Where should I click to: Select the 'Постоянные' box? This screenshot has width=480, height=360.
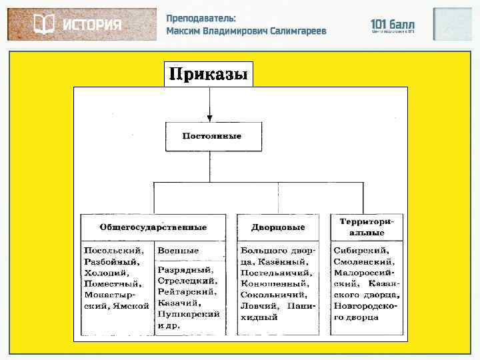tap(211, 136)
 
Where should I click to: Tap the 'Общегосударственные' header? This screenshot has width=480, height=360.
tap(153, 227)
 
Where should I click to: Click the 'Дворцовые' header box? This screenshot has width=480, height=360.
tap(277, 227)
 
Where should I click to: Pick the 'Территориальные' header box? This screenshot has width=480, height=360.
tap(367, 227)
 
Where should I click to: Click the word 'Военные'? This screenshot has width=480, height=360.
tap(178, 251)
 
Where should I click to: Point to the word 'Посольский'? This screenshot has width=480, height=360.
tap(113, 251)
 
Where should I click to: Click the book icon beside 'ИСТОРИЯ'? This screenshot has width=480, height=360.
tap(44, 25)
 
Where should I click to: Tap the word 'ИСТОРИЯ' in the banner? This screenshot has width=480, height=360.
tap(92, 25)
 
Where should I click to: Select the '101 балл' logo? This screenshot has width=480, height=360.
tap(393, 25)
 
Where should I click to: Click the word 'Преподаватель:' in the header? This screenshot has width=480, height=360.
tap(201, 19)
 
